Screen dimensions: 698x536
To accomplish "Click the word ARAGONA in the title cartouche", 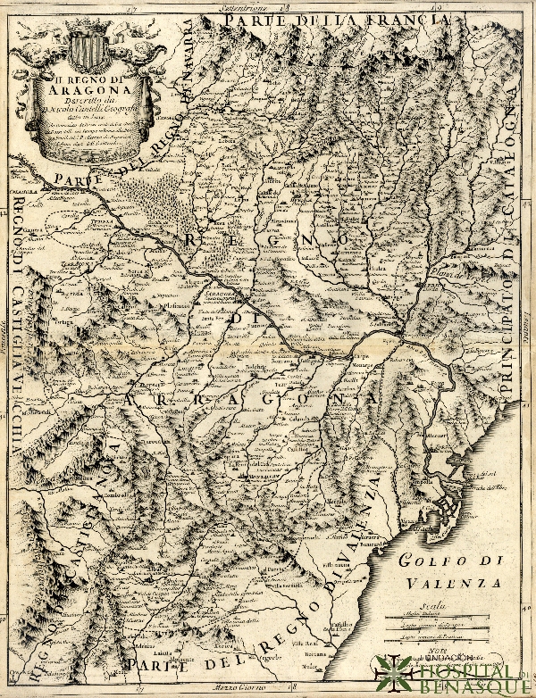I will [x=88, y=87].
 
